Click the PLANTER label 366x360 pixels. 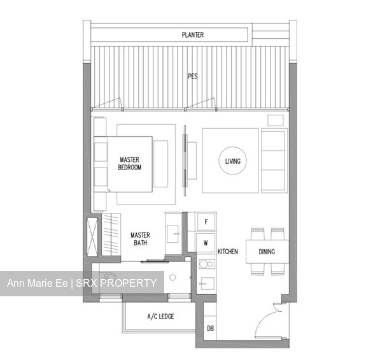point(193,35)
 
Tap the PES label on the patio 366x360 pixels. point(193,76)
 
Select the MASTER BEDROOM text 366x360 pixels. point(130,164)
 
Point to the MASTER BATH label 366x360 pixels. point(140,239)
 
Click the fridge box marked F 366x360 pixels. point(206,222)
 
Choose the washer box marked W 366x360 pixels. point(206,243)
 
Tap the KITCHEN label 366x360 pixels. point(228,252)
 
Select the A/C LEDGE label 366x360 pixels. point(160,316)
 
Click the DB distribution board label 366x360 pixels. point(210,329)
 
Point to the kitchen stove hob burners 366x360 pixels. point(207,264)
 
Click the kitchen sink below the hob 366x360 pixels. point(208,284)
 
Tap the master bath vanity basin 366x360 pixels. point(172,234)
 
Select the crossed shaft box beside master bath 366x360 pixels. point(92,237)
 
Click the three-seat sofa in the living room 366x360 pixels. point(274,161)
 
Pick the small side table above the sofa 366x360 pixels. point(276,120)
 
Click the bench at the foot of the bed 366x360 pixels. point(161,164)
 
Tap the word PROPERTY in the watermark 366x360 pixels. point(128,283)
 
